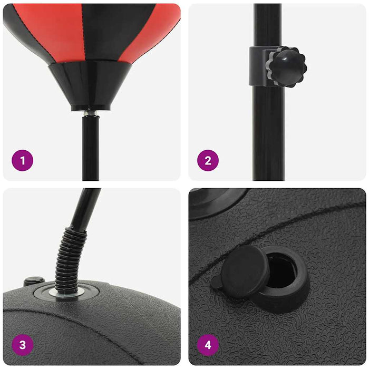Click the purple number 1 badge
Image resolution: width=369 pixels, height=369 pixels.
point(22,160)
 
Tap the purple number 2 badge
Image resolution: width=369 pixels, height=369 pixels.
point(208,160)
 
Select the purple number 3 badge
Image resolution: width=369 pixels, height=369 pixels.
point(22,345)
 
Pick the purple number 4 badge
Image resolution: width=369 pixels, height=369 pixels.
point(208,345)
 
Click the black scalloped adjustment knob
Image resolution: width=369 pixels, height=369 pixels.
point(286,66)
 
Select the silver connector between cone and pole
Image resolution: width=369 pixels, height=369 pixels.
point(91,112)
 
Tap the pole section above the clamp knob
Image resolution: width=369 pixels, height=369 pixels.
point(268,24)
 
